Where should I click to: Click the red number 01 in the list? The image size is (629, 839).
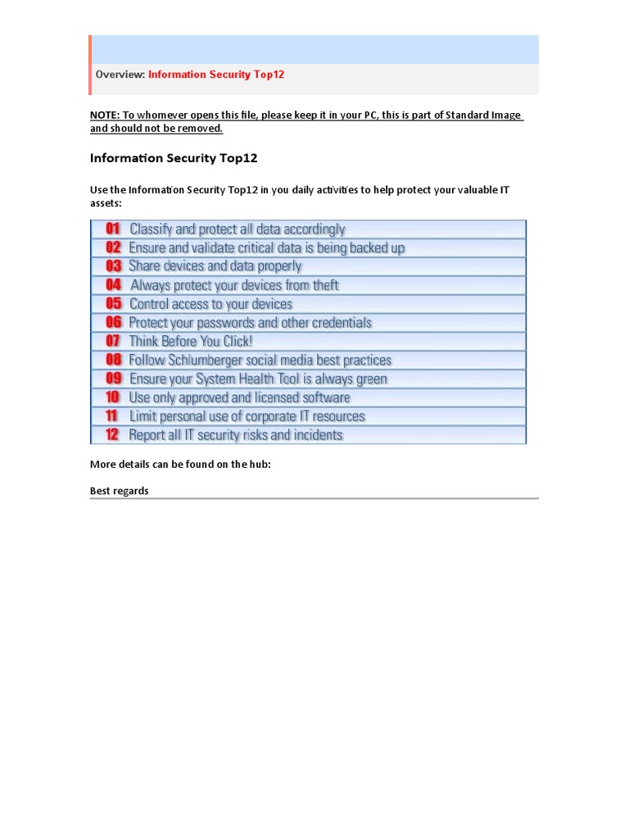[113, 229]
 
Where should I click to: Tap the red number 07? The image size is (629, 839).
[113, 341]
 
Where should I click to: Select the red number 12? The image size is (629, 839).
[112, 434]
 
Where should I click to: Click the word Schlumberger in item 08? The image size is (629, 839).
[201, 360]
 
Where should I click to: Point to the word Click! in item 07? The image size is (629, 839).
[238, 341]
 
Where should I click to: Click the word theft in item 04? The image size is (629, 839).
[325, 285]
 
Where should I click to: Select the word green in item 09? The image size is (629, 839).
[371, 379]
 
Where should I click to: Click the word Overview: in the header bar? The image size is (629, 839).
[120, 75]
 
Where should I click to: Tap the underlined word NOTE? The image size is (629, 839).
[104, 115]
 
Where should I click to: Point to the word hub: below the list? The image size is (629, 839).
[256, 465]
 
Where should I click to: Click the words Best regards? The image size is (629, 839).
[119, 491]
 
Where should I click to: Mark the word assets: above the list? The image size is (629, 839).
[105, 202]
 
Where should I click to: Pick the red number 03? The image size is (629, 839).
[113, 265]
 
